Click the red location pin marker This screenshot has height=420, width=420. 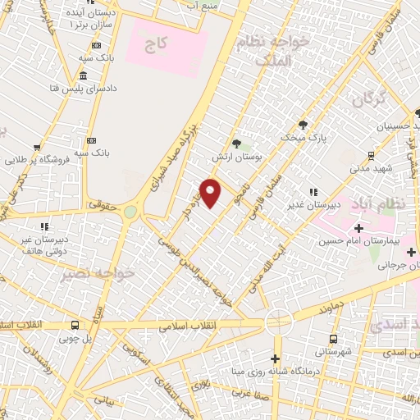(x=211, y=193)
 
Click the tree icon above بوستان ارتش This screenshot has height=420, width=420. (x=236, y=144)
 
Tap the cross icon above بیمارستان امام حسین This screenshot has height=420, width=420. (x=358, y=228)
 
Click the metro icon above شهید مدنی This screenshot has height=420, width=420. (x=372, y=154)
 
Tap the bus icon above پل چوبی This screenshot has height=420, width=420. (x=75, y=325)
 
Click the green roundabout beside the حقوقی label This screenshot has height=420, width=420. (x=130, y=212)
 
